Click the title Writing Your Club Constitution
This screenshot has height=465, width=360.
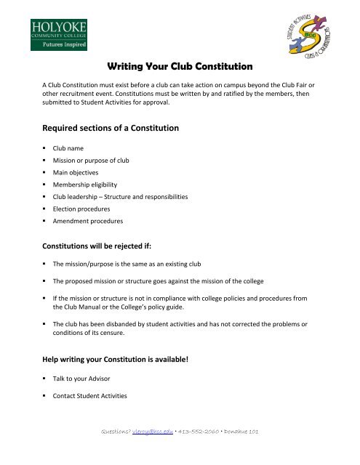point(180,66)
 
